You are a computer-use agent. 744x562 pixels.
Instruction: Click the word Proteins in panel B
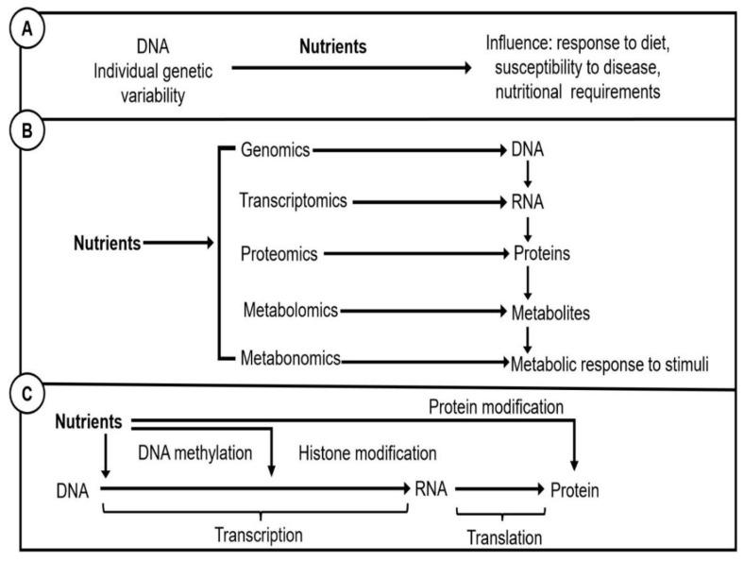pos(547,254)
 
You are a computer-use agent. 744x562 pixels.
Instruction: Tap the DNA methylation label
pos(195,452)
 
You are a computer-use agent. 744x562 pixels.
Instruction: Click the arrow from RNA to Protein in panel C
pos(500,490)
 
